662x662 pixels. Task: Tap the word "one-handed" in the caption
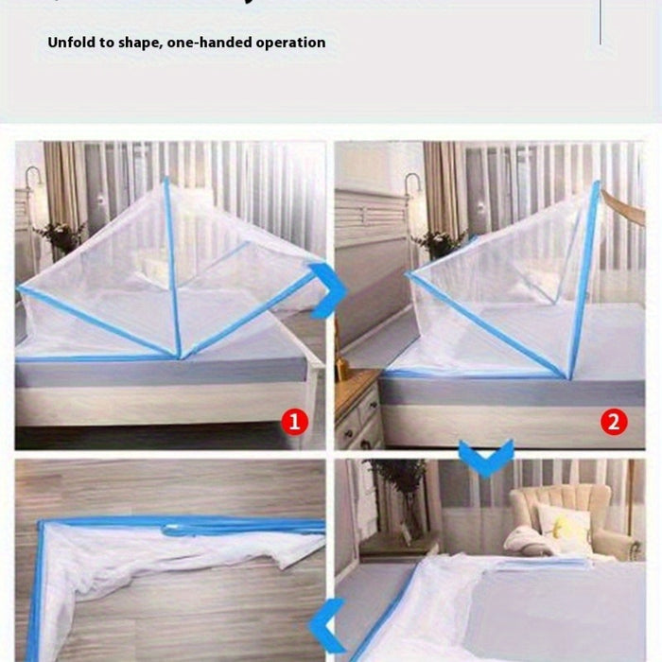point(204,43)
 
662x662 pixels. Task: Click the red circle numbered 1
point(296,422)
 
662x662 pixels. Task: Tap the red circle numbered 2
point(615,422)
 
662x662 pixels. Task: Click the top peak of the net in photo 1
point(165,180)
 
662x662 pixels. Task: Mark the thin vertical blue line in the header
point(601,23)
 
